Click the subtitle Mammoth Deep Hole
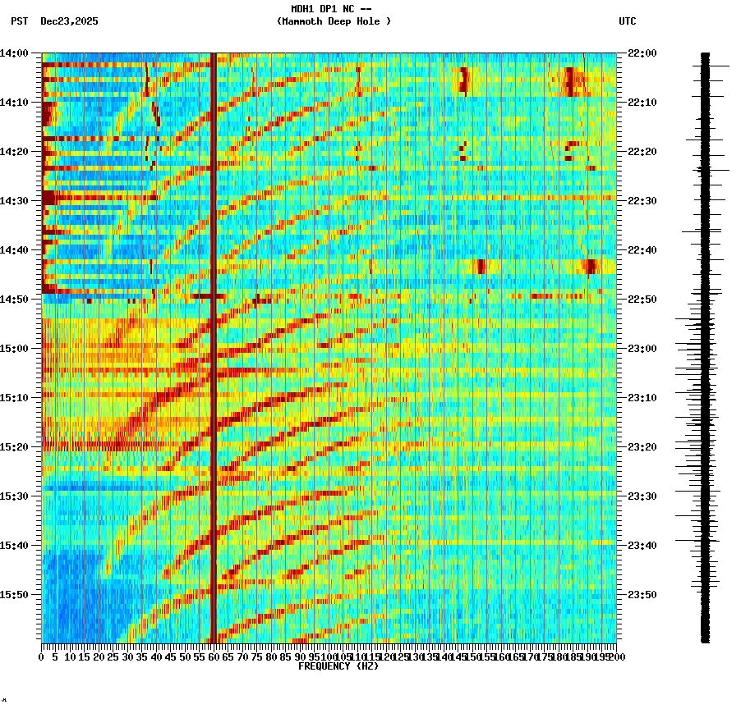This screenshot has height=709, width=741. [x=334, y=21]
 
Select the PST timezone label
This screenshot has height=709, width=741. [x=19, y=21]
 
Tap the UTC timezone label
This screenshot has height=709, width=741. [x=627, y=21]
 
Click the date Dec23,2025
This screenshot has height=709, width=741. [x=69, y=21]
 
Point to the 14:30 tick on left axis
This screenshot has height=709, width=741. [x=15, y=200]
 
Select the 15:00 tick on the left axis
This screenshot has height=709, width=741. [x=15, y=348]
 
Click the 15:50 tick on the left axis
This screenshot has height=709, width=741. [x=15, y=594]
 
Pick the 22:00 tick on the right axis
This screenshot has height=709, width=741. [x=642, y=53]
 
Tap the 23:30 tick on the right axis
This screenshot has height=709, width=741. [x=642, y=496]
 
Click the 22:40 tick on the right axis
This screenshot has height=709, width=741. [x=642, y=249]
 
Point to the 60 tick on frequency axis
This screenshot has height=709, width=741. [x=214, y=656]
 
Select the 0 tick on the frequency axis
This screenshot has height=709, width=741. [x=42, y=656]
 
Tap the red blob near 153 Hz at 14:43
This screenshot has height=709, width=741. [x=481, y=266]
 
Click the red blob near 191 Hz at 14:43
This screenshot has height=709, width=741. [x=590, y=265]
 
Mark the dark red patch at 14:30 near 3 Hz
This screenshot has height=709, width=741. [x=49, y=198]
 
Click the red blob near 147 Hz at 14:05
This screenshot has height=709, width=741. [x=463, y=80]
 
